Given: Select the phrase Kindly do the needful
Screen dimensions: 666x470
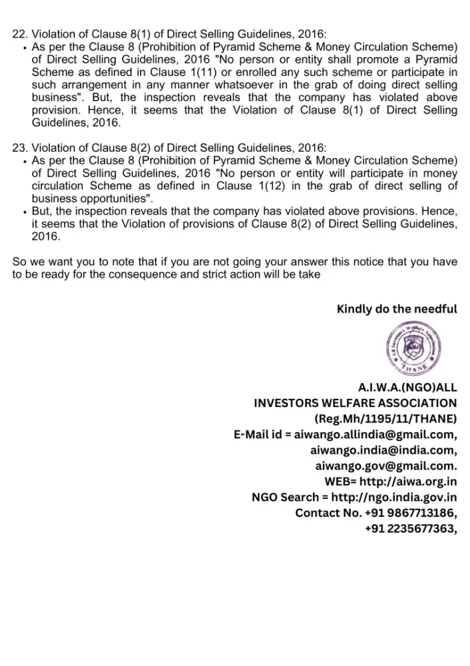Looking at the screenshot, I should [397, 309].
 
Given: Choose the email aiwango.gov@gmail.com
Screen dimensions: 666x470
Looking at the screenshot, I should [385, 466].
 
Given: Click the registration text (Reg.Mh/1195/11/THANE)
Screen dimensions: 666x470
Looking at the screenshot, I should [385, 419].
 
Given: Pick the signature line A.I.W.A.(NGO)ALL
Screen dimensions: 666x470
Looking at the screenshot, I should [407, 387].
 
